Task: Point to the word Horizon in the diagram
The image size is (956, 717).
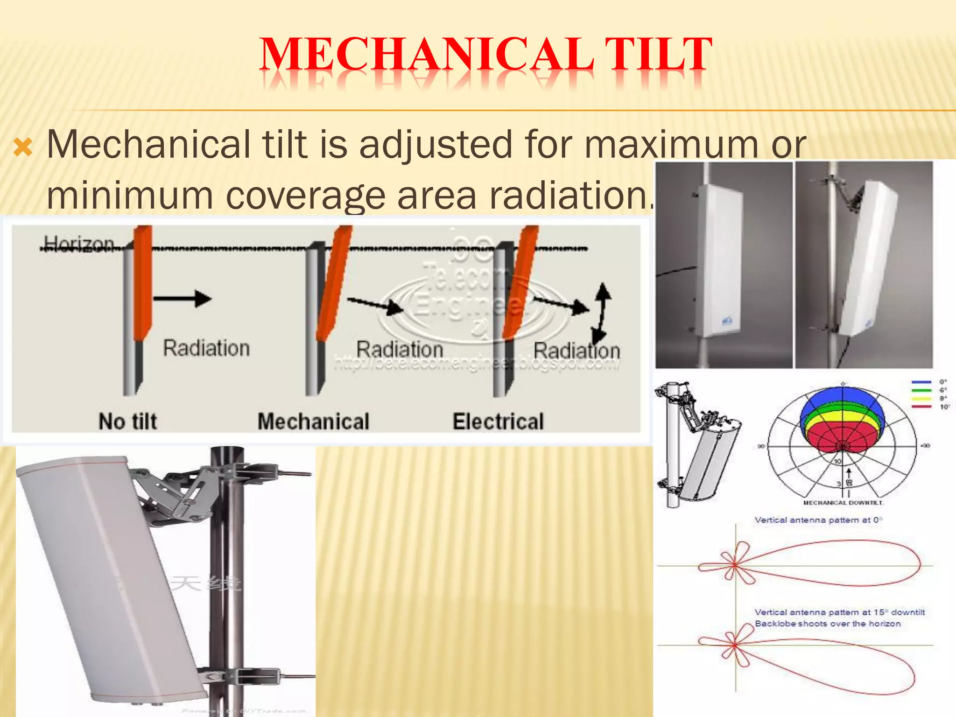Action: tap(78, 243)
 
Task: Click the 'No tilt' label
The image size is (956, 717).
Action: tap(127, 422)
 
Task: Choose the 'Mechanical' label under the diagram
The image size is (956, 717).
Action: tap(313, 422)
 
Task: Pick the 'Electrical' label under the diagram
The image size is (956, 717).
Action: tap(498, 422)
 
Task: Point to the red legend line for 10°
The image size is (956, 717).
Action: tap(921, 407)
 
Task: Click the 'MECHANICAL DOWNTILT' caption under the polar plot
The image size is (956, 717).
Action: tap(843, 503)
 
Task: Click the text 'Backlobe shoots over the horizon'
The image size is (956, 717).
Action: tap(828, 624)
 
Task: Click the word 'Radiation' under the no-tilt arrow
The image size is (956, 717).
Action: tap(206, 348)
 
